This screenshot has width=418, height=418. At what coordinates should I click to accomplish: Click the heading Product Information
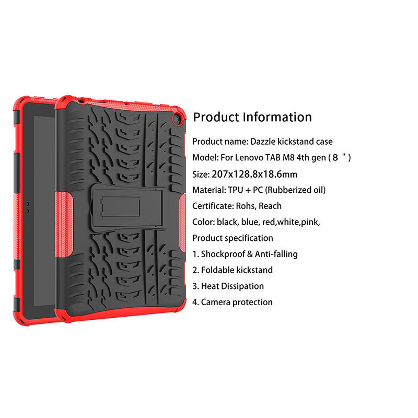(x=252, y=117)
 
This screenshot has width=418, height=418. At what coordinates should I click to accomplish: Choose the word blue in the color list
(x=250, y=222)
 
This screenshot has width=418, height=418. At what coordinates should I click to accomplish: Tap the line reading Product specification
(x=233, y=238)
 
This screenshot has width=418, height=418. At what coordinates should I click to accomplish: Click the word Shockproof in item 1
(x=224, y=254)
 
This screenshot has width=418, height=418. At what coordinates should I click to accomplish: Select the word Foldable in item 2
(x=217, y=270)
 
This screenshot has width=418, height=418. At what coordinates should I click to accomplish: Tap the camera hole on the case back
(x=177, y=120)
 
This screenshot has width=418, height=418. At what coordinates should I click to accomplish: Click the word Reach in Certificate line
(x=270, y=206)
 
